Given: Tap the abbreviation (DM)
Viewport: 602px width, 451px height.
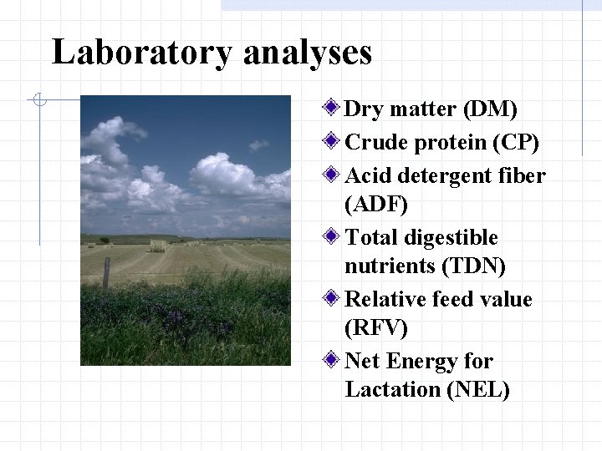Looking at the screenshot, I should point(489,109).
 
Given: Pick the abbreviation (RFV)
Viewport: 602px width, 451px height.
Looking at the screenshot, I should point(376,327).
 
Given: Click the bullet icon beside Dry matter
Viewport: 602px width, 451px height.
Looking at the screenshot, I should point(333,109).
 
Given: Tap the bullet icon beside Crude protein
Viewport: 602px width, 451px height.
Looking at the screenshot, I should point(333,142).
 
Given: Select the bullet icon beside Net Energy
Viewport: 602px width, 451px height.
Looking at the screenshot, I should point(333,361).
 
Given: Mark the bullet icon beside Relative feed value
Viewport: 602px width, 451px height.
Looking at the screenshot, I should point(333,298).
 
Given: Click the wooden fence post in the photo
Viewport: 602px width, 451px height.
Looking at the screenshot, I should point(106,273).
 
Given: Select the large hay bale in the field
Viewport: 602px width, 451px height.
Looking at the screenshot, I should point(157,246).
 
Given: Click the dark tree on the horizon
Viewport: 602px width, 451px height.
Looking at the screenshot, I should point(105,241).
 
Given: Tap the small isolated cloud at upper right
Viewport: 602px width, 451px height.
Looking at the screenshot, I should point(259,144).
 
